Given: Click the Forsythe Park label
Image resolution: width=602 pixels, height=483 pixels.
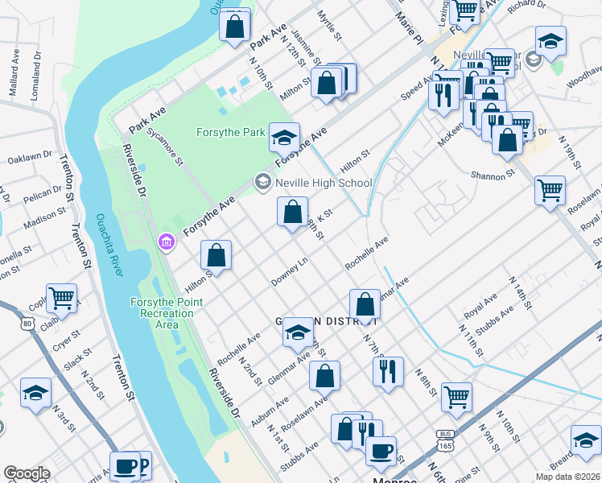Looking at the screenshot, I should click(x=230, y=132).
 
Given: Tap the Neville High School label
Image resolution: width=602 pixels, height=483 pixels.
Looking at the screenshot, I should click(x=324, y=183).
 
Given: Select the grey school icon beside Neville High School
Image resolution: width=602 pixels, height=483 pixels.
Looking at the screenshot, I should click(x=262, y=183).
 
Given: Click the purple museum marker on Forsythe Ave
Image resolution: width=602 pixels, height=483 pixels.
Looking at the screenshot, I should click(x=167, y=242).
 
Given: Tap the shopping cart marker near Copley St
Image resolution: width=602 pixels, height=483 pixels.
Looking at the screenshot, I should click(x=61, y=297).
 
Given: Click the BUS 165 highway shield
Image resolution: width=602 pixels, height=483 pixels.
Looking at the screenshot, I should click(x=443, y=439).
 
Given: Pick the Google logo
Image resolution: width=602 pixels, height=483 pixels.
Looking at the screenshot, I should click(x=27, y=473).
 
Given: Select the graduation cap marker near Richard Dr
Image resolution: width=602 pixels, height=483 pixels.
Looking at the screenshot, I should click(x=550, y=41).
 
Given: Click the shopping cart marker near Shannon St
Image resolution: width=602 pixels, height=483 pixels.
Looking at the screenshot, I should click(x=550, y=191).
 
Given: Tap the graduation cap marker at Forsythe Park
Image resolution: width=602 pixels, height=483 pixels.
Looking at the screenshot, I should click(x=284, y=137).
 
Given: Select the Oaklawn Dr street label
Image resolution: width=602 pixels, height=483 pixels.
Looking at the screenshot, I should click(x=29, y=157).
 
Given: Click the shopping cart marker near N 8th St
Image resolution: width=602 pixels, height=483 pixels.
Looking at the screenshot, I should click(x=456, y=395).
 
